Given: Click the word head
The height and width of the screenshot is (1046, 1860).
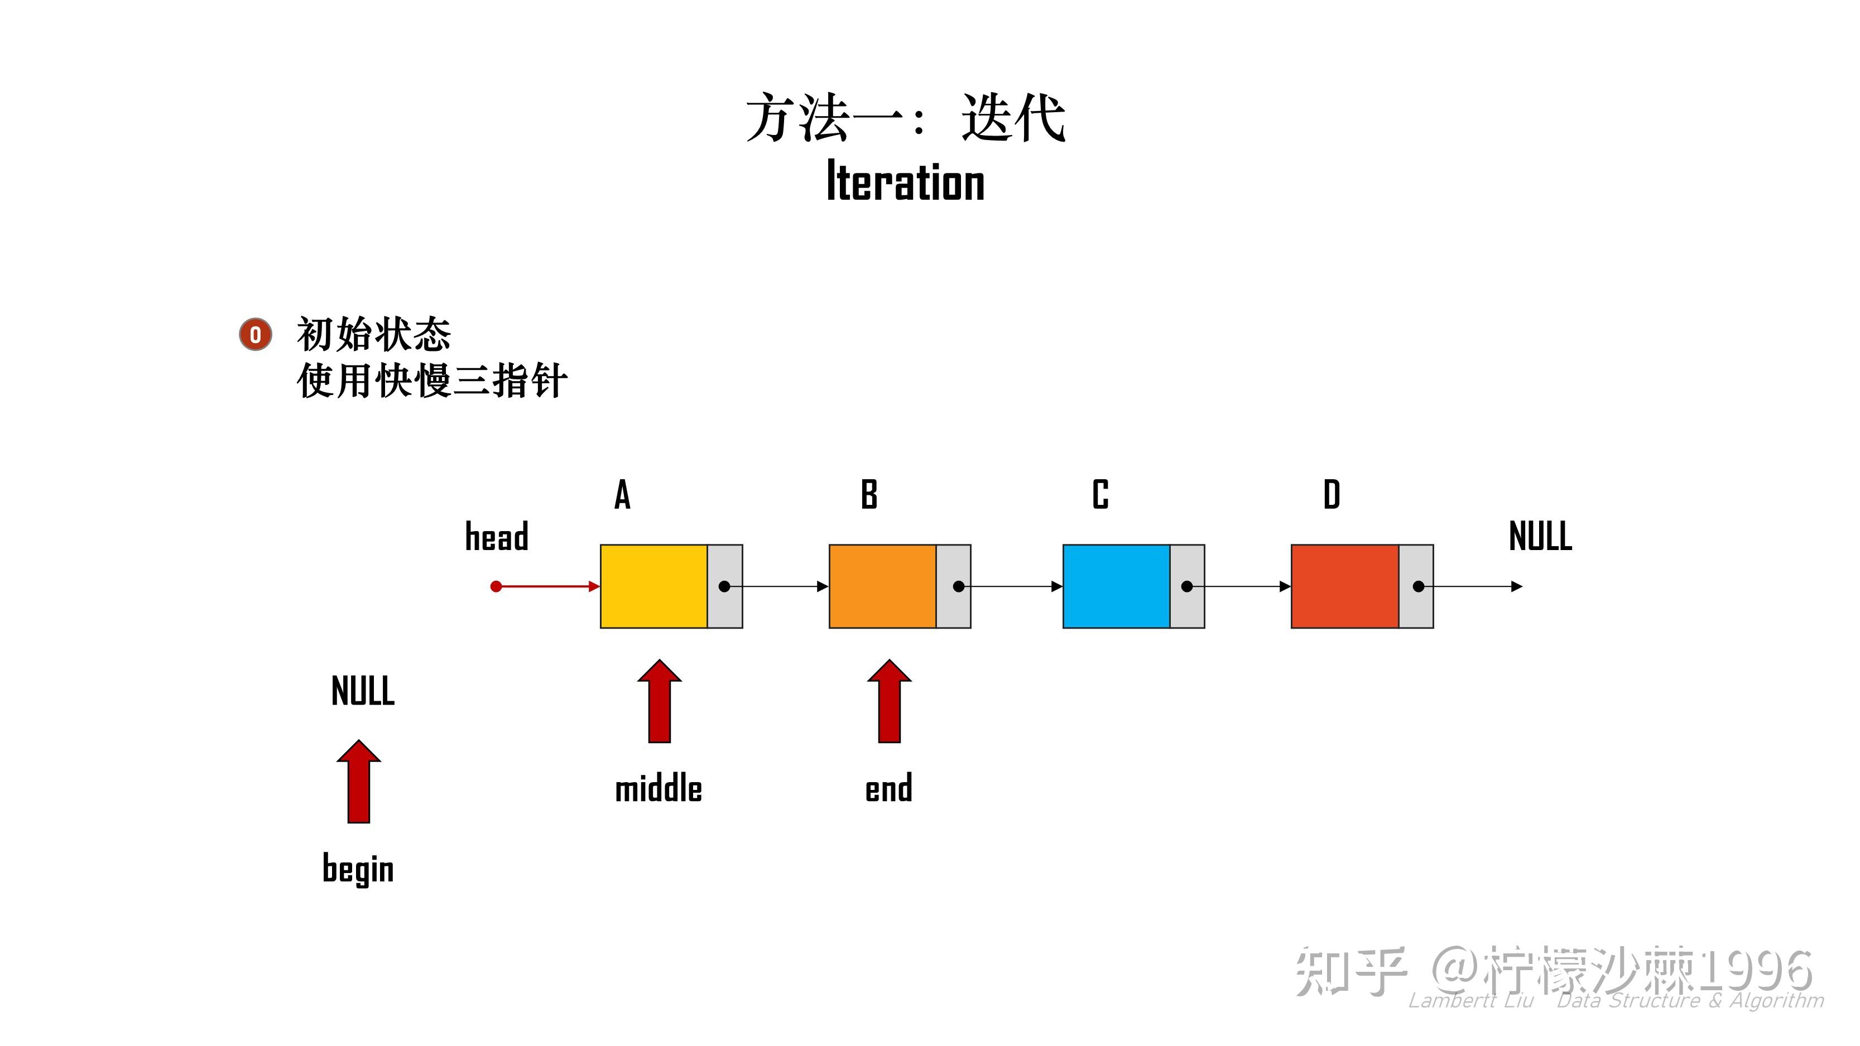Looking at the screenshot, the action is click(x=497, y=536).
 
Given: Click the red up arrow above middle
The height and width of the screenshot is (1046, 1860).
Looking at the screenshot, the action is click(x=659, y=701).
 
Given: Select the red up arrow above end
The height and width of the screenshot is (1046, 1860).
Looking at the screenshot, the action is click(x=889, y=701).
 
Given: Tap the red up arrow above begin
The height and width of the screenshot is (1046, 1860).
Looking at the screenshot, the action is click(x=359, y=781).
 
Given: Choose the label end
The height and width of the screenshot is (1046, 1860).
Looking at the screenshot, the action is click(x=889, y=788).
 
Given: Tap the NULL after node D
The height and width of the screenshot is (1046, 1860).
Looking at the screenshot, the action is click(x=1540, y=536).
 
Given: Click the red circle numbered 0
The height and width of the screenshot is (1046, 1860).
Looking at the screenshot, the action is click(x=256, y=334).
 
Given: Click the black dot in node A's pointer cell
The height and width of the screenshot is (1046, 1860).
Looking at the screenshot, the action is click(x=724, y=586).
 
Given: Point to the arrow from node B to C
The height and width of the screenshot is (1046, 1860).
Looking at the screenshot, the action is click(x=1011, y=586).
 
